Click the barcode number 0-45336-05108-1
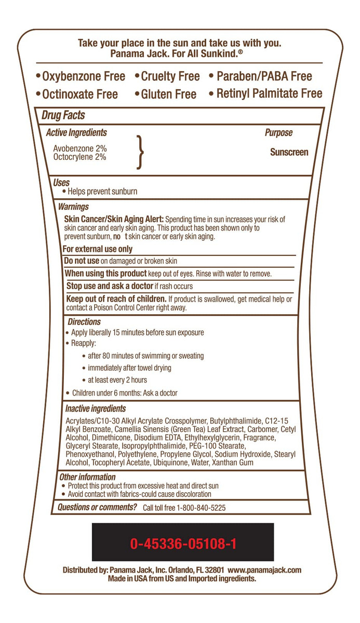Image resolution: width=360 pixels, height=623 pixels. pos(183,544)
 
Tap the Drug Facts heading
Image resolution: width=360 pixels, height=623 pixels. pos(63,115)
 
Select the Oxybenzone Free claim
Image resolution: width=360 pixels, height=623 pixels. pos(81,77)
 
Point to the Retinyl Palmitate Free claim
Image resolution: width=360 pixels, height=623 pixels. pos(265,94)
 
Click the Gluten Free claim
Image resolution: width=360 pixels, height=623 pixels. pos(165,94)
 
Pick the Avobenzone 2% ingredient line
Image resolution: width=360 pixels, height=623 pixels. pos(80,148)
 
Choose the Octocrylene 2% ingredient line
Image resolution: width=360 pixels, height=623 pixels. pos(80,156)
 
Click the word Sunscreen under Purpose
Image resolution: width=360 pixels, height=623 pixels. pos(289,152)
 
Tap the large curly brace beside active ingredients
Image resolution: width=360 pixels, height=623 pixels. pos(139,152)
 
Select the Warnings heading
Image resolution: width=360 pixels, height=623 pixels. pos(73,207)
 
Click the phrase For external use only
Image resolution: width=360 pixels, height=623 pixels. pos(98,249)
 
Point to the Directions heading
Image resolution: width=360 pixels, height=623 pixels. pos(84,322)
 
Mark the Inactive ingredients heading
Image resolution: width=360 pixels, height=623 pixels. pos(96,409)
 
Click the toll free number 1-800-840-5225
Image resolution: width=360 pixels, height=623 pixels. pos(199,508)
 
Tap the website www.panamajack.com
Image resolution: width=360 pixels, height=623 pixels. pos(264,570)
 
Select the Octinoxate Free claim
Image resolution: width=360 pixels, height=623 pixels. pos(77,94)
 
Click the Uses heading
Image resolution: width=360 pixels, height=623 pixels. pos(61,183)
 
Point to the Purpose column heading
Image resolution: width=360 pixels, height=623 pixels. pos(278,133)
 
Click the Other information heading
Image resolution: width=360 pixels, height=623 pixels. pos(87,477)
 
